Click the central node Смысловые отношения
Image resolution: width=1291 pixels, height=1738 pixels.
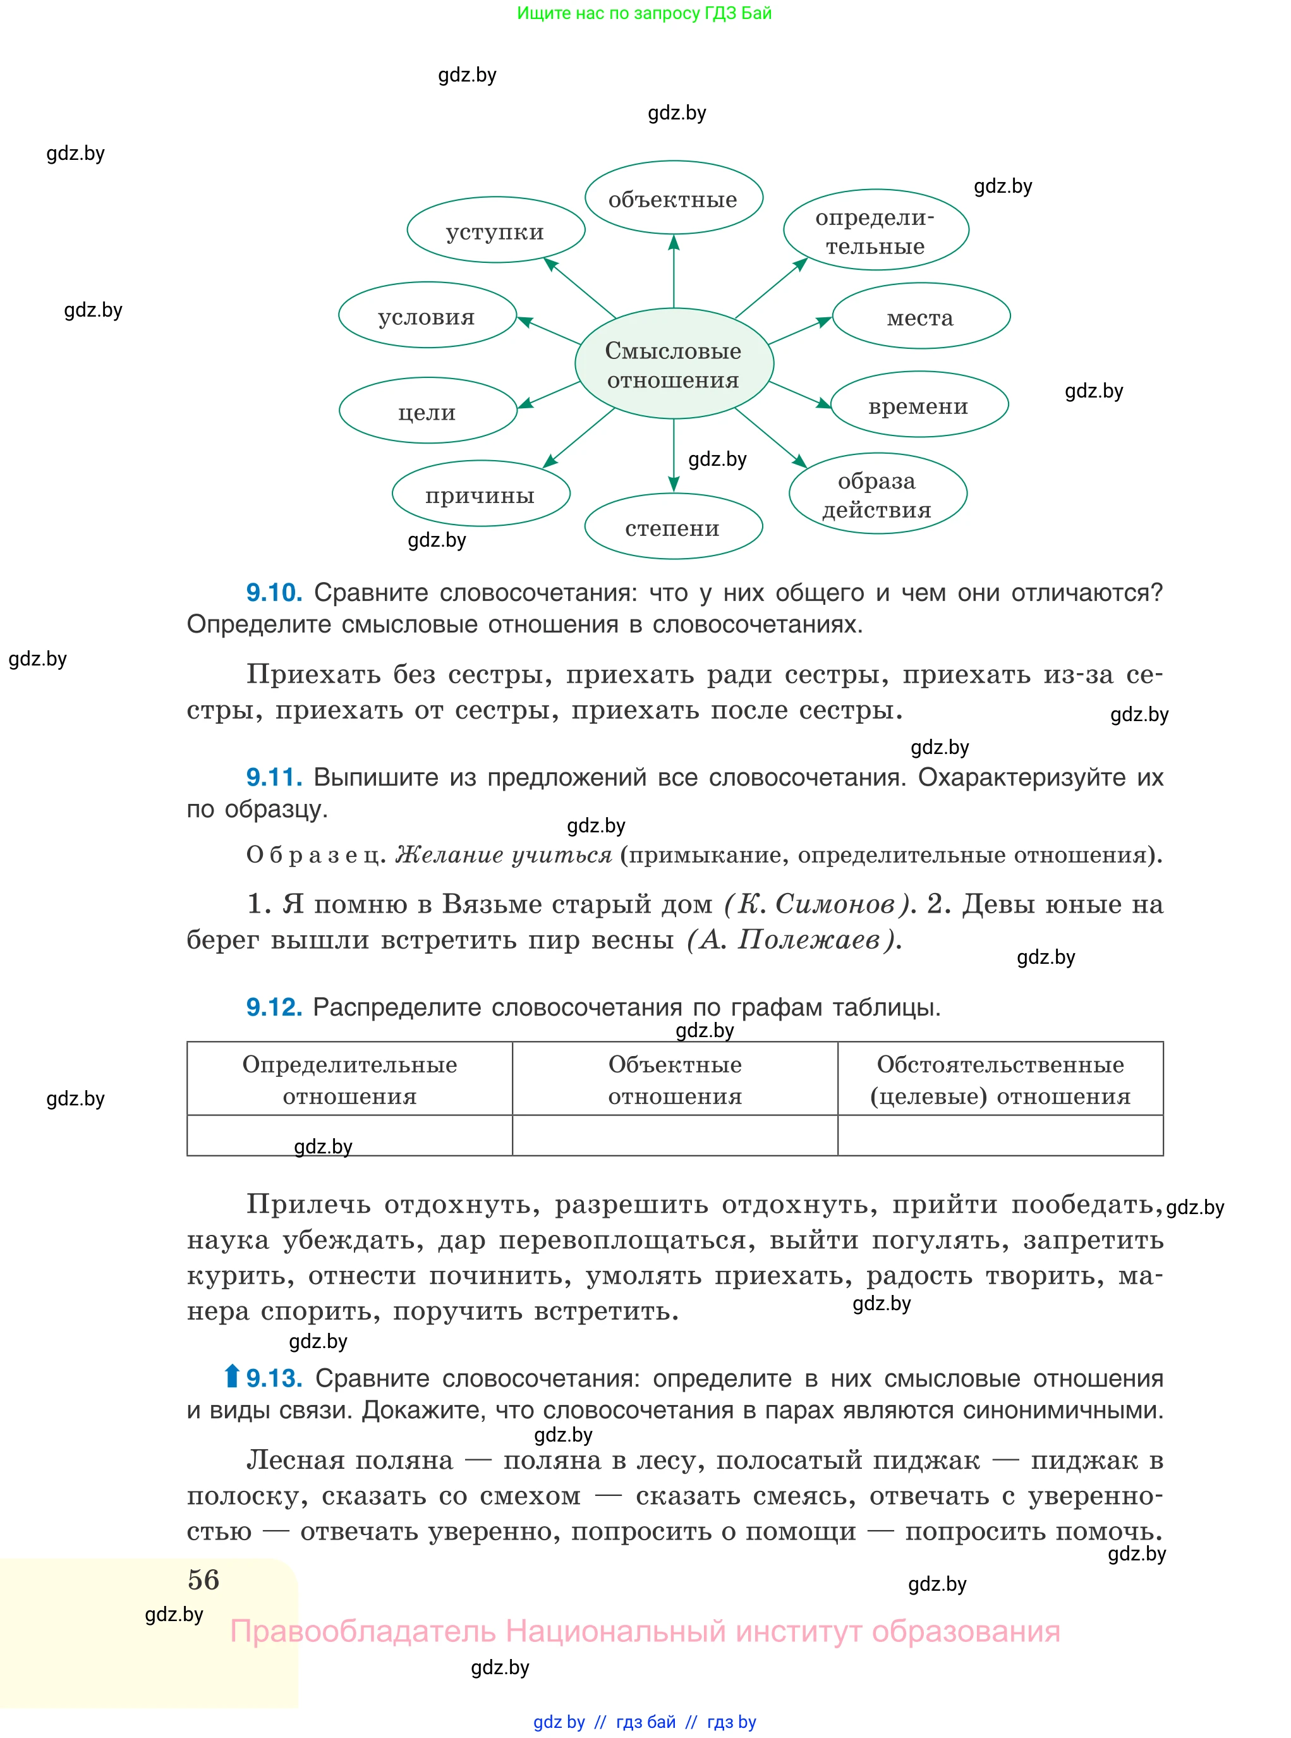pyautogui.click(x=674, y=364)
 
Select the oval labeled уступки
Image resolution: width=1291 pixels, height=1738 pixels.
pyautogui.click(x=495, y=231)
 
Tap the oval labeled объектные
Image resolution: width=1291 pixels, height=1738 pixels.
pyautogui.click(x=674, y=198)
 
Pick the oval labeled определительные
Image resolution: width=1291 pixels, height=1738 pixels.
pyautogui.click(x=875, y=231)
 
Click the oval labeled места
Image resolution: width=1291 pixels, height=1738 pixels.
pyautogui.click(x=921, y=317)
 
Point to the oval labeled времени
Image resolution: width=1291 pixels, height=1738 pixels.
pyautogui.click(x=919, y=405)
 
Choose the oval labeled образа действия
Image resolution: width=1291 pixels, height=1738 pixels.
pyautogui.click(x=878, y=494)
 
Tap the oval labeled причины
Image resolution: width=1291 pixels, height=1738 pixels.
pyautogui.click(x=481, y=494)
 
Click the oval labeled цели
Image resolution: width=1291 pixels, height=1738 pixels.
pyautogui.click(x=427, y=411)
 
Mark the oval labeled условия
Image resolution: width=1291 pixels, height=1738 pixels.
pyautogui.click(x=427, y=316)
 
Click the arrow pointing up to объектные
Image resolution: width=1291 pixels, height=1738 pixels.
pyautogui.click(x=674, y=270)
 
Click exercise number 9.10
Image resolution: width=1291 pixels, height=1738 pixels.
pyautogui.click(x=274, y=592)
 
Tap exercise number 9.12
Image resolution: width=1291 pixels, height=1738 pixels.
pyautogui.click(x=274, y=1007)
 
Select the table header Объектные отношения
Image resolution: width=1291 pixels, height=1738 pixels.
pyautogui.click(x=674, y=1079)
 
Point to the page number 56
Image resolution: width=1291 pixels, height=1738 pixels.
pyautogui.click(x=203, y=1579)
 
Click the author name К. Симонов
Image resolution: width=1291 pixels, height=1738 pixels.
pyautogui.click(x=816, y=904)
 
